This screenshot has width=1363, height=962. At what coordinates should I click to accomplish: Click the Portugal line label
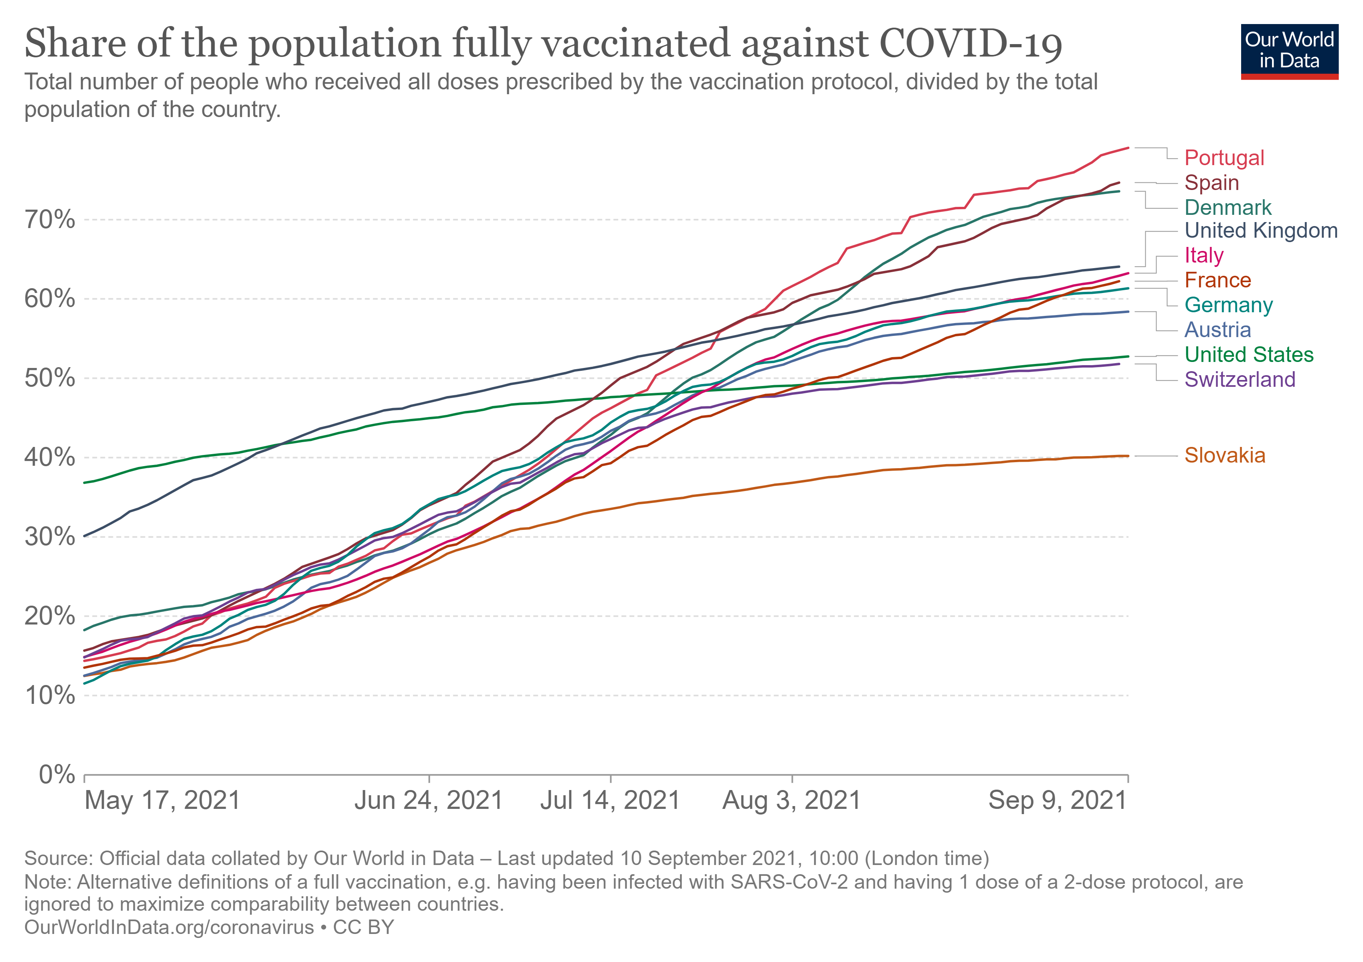1223,158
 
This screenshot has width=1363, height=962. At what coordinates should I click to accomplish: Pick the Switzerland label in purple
1240,379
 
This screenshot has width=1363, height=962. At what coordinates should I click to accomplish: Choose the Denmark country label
1228,208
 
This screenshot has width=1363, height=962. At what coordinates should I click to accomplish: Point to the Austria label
1217,329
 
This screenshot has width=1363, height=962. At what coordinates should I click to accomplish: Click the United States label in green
1248,354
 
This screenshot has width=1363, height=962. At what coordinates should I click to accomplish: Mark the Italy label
1203,255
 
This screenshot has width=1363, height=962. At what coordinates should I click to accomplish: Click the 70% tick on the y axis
50,220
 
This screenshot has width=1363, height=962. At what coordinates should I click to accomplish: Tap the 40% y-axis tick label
50,458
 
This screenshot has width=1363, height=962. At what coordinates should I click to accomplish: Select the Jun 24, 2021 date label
429,800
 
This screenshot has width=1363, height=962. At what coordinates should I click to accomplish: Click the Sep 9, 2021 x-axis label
1057,800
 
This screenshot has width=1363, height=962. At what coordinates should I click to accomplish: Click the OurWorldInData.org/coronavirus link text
169,928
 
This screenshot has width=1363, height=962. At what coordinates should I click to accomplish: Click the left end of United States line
85,483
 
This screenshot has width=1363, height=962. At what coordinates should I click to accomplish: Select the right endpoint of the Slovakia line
1127,456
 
